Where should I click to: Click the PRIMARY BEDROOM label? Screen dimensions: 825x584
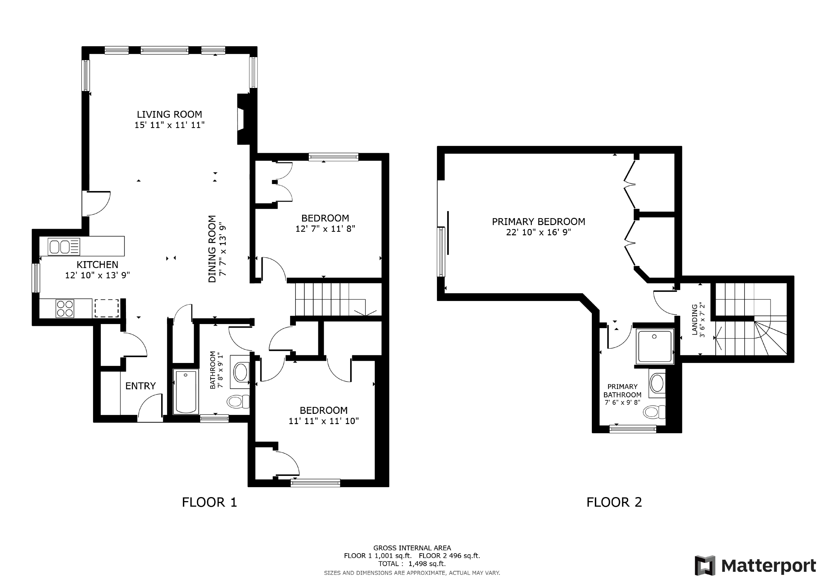(x=538, y=222)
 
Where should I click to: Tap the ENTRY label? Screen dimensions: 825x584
(x=141, y=386)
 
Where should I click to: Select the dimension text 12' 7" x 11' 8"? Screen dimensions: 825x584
(x=325, y=229)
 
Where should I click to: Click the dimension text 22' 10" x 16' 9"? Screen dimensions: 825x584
(x=538, y=232)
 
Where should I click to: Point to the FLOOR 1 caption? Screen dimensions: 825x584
(x=209, y=502)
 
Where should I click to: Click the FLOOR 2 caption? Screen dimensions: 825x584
(x=614, y=502)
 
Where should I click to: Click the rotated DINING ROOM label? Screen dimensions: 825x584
(x=212, y=249)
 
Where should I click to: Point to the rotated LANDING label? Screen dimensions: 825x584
(x=694, y=319)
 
